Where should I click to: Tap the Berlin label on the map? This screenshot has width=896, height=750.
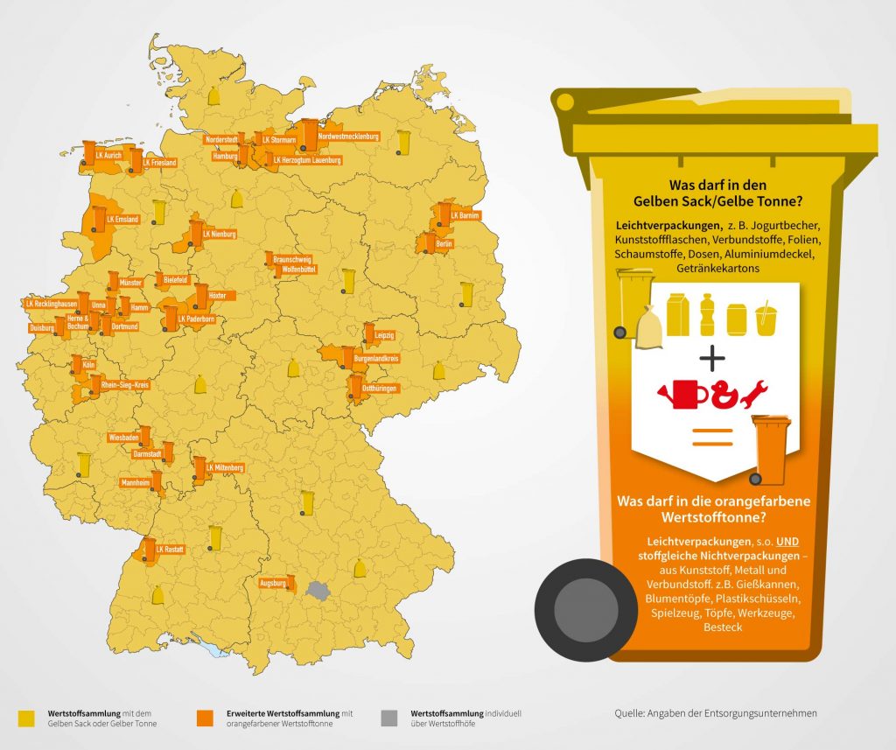click(444, 243)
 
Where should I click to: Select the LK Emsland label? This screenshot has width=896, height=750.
click(122, 219)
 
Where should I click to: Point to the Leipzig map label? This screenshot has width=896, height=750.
click(384, 335)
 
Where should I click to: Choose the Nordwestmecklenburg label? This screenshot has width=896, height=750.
click(348, 137)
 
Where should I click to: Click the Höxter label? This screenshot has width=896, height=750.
click(217, 296)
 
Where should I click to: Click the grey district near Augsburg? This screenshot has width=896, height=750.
click(318, 591)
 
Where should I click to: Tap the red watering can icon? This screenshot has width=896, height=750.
click(682, 394)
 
